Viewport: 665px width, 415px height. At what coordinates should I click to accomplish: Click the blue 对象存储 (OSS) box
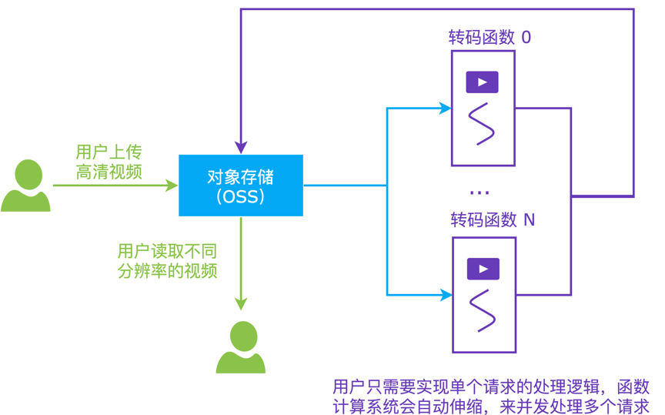[x=241, y=186]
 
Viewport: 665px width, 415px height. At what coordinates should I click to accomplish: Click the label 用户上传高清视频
[x=109, y=162]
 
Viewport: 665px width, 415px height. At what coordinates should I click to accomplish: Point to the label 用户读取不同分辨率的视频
[x=166, y=260]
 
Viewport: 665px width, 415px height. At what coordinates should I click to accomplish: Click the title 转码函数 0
[x=490, y=37]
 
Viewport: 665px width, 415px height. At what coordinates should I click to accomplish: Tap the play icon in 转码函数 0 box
[x=483, y=82]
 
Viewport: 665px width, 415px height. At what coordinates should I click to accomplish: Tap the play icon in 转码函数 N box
[x=483, y=269]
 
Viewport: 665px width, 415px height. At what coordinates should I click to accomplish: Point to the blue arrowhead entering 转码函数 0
[x=445, y=109]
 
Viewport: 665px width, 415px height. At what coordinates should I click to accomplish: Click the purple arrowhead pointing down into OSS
[x=241, y=147]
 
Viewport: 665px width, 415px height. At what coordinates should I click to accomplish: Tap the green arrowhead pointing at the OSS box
[x=172, y=186]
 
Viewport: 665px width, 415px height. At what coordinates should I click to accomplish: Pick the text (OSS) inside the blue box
[x=241, y=197]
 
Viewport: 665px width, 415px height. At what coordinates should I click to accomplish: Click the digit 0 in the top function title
[x=526, y=37]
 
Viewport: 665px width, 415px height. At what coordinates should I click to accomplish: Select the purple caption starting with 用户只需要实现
[x=491, y=396]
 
